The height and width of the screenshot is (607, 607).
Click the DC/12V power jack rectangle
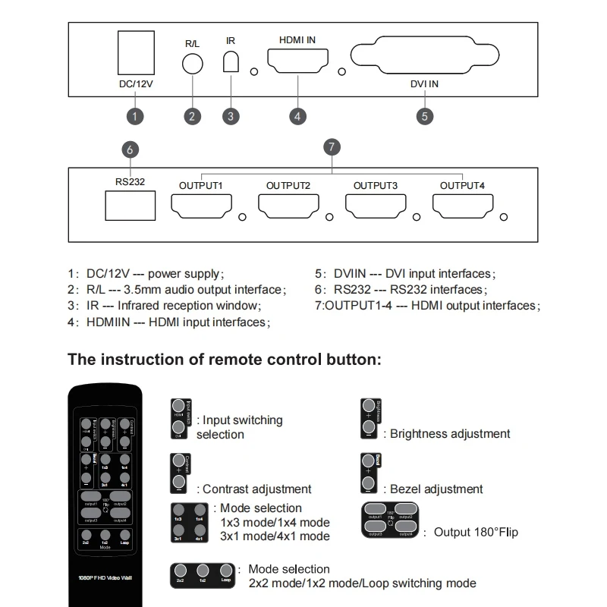[x=137, y=53]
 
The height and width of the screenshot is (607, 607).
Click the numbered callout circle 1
[x=134, y=116]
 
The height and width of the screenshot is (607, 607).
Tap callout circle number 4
[x=298, y=116]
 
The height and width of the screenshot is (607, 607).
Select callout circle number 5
[x=425, y=116]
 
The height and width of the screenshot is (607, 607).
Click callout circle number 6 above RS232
[x=130, y=150]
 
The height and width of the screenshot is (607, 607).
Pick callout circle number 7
[x=330, y=146]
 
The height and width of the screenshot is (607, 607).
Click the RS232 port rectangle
[x=130, y=206]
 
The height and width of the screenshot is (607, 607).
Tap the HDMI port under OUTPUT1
[x=200, y=206]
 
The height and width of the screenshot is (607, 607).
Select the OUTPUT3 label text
[x=375, y=185]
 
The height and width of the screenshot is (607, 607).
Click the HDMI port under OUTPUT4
[x=462, y=206]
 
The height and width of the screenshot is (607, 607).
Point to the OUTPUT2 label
[x=288, y=185]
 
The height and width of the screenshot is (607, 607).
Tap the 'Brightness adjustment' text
[x=450, y=434]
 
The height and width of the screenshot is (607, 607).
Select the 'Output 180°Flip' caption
[x=476, y=532]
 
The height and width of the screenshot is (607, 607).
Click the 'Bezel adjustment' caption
[x=436, y=489]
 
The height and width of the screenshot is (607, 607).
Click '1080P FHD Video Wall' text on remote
[x=105, y=577]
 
